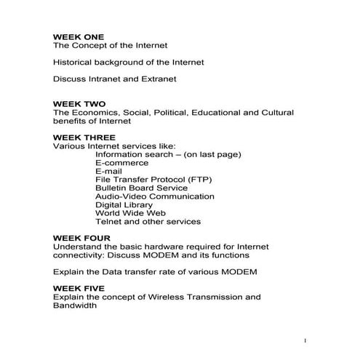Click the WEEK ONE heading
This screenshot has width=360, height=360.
79,36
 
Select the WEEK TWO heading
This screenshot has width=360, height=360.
79,105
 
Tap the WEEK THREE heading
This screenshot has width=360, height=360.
84,137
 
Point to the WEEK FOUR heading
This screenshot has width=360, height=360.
82,238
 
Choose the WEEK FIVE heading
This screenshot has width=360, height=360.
79,289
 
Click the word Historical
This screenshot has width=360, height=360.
73,62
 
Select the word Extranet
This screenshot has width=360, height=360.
157,79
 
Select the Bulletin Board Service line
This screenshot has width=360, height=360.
142,188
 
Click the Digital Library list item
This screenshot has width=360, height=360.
124,205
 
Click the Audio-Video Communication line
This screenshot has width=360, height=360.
154,196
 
